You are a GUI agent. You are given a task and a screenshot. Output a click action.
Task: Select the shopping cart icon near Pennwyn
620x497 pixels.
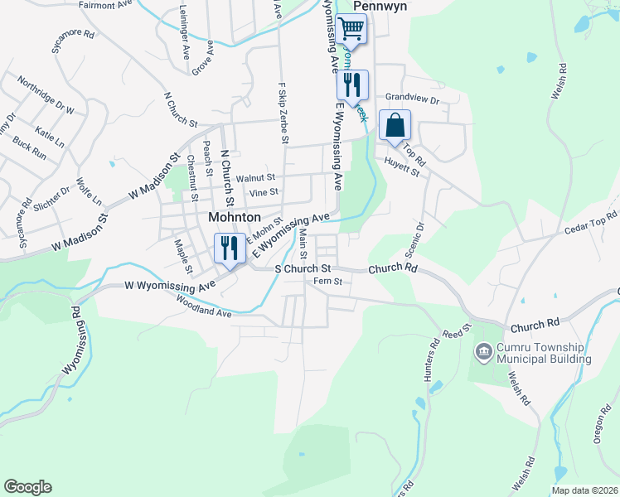(x=351, y=29)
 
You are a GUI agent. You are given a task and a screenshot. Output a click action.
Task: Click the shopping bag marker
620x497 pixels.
(x=395, y=126)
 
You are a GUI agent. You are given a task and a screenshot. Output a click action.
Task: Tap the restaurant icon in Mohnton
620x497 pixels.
(x=227, y=248)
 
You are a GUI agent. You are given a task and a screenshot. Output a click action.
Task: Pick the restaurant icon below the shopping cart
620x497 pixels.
(x=351, y=85)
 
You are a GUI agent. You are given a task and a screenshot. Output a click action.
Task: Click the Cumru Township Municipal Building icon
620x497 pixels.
(x=483, y=353)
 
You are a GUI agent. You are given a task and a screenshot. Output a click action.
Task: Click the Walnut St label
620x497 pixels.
(x=254, y=178)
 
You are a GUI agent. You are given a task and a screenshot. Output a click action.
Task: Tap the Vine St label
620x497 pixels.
(x=265, y=194)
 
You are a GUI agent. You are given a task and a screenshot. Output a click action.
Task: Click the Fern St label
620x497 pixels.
(x=327, y=282)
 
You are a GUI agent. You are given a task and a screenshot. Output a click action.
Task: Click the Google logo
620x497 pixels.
(x=27, y=487)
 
